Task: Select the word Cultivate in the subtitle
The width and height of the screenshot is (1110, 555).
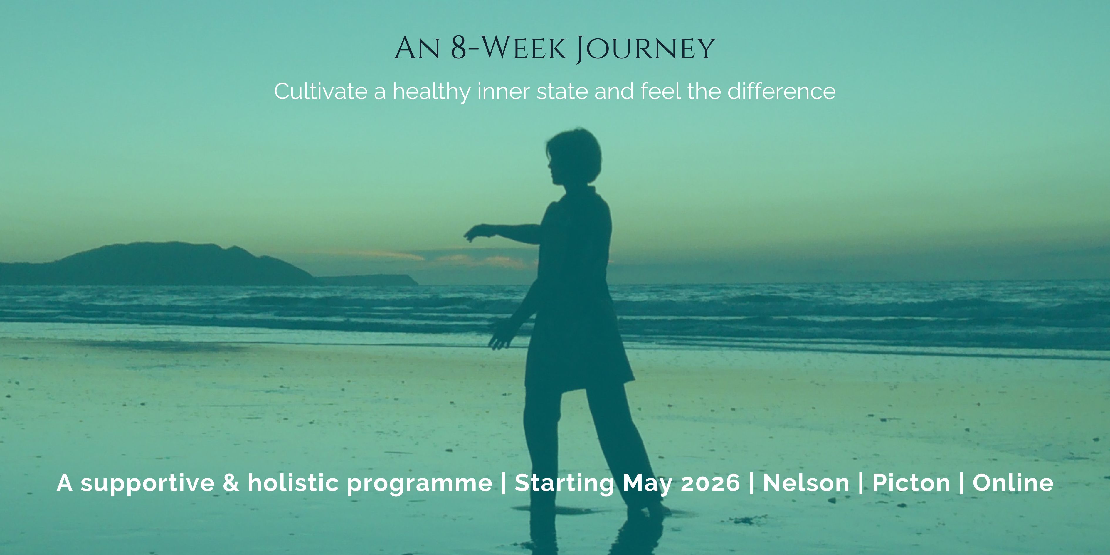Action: (321, 91)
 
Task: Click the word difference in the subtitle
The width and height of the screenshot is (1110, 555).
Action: (782, 91)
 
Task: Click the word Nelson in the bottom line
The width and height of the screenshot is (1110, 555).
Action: (806, 483)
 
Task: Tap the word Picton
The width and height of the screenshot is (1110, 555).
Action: (911, 483)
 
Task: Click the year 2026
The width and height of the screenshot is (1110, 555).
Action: (711, 483)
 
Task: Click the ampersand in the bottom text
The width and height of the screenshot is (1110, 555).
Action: (231, 483)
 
